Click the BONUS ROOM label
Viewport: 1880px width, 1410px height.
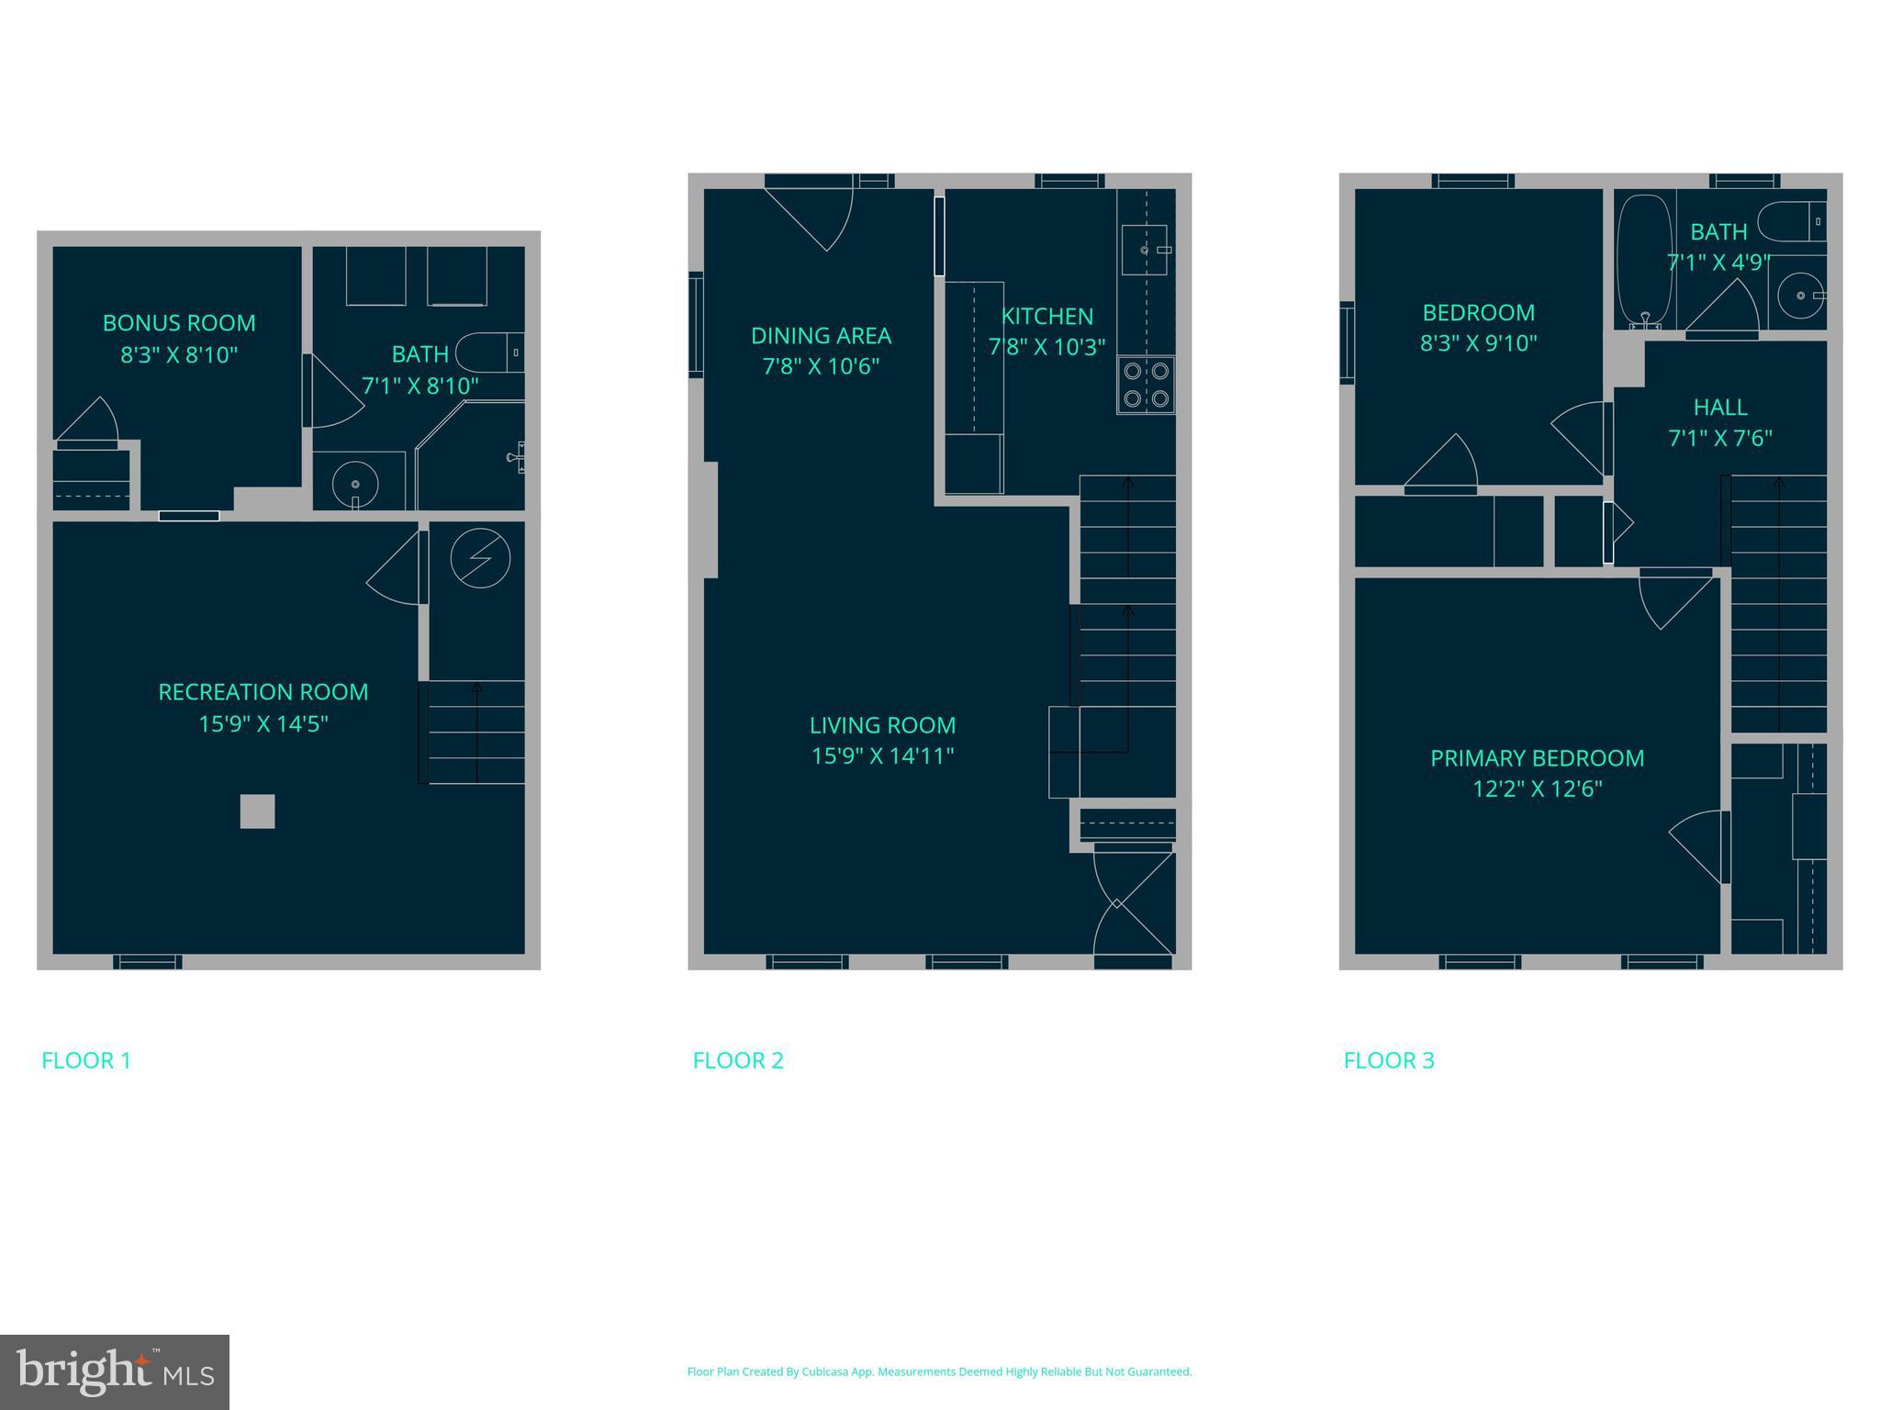pos(179,323)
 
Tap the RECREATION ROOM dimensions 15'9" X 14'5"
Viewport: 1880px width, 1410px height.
pos(263,724)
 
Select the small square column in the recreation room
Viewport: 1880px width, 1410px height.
pos(257,811)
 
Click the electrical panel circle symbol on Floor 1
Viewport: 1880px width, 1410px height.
pos(480,558)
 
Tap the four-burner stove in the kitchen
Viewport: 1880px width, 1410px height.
pos(1146,385)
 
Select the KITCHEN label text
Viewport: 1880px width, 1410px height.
pos(1046,317)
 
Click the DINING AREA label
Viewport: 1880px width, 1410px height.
pos(821,336)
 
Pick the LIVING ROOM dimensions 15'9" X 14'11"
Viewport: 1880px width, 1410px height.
pos(882,756)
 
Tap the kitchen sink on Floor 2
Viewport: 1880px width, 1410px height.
pos(1144,250)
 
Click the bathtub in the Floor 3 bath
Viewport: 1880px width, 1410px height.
pos(1644,260)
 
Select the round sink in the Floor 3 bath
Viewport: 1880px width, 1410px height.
pos(1800,296)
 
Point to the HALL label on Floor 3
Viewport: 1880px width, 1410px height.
pos(1719,408)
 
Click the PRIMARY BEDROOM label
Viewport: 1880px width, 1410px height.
pos(1537,758)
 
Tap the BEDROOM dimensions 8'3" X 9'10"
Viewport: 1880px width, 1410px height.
pos(1478,343)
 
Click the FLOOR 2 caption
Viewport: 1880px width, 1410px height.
pos(738,1060)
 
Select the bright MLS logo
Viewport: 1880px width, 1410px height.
pos(115,1371)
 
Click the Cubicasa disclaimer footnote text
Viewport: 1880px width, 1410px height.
pos(939,1371)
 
